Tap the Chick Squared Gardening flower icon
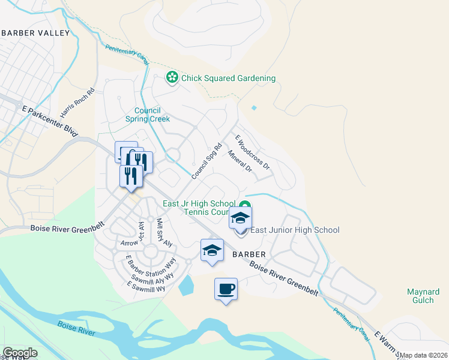[172, 78]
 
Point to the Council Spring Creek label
[147, 115]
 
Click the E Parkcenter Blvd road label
[50, 121]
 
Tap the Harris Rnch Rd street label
[78, 103]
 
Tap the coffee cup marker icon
[226, 289]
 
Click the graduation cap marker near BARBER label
[212, 250]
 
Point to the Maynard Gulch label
[424, 296]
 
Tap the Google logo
[19, 353]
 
